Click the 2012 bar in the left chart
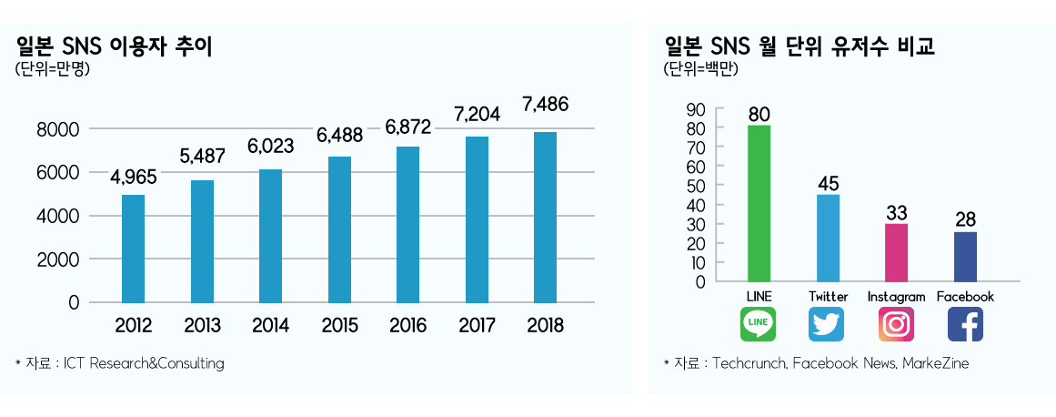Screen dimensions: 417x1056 133,248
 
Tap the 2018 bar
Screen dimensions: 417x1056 545,217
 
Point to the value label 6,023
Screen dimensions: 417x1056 270,146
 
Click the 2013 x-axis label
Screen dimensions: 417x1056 202,326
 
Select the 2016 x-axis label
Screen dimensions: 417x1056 408,326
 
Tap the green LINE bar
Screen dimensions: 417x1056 759,203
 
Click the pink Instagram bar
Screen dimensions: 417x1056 896,252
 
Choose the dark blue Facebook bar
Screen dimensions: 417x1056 965,257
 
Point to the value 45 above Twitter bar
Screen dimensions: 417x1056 828,183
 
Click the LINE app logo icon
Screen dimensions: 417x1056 759,324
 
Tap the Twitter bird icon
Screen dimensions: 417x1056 827,324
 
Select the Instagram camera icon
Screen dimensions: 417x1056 896,324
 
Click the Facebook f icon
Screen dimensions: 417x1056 965,324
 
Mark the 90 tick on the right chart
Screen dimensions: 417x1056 696,109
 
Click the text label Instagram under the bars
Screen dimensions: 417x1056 896,297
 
